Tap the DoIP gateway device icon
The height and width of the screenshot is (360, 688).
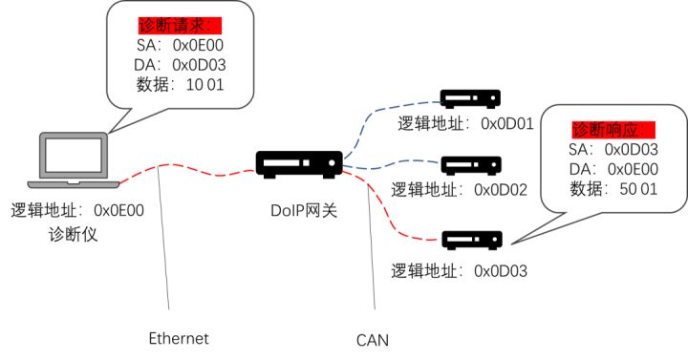pyautogui.click(x=298, y=164)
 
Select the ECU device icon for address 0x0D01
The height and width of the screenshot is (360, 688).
pyautogui.click(x=469, y=98)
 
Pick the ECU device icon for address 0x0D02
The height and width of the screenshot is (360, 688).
pyautogui.click(x=469, y=165)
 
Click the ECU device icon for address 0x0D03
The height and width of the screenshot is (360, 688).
pyautogui.click(x=469, y=237)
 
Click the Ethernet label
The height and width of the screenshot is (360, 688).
pyautogui.click(x=178, y=338)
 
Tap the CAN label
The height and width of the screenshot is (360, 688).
pyautogui.click(x=372, y=339)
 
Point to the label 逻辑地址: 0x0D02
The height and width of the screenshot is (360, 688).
pyautogui.click(x=462, y=190)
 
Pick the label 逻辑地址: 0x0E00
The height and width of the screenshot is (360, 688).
pyautogui.click(x=76, y=210)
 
